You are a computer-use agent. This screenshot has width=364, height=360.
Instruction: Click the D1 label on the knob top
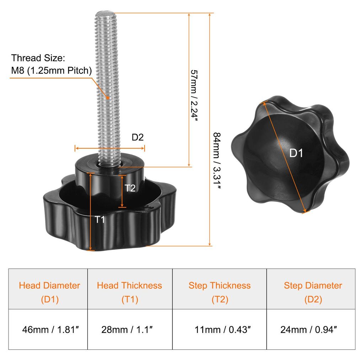(x=296, y=153)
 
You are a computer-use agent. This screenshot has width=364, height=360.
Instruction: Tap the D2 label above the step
(x=138, y=137)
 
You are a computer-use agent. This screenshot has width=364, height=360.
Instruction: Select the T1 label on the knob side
(x=100, y=219)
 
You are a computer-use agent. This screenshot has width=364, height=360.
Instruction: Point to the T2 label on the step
(x=130, y=188)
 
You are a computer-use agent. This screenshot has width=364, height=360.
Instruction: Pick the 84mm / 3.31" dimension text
(x=217, y=160)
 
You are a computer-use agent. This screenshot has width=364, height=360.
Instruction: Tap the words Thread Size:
(x=38, y=58)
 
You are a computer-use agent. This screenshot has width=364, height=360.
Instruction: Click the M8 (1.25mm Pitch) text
(x=52, y=70)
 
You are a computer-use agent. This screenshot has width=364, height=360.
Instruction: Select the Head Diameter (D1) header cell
(x=48, y=289)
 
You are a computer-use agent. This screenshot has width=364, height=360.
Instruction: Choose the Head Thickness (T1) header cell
(x=130, y=289)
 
